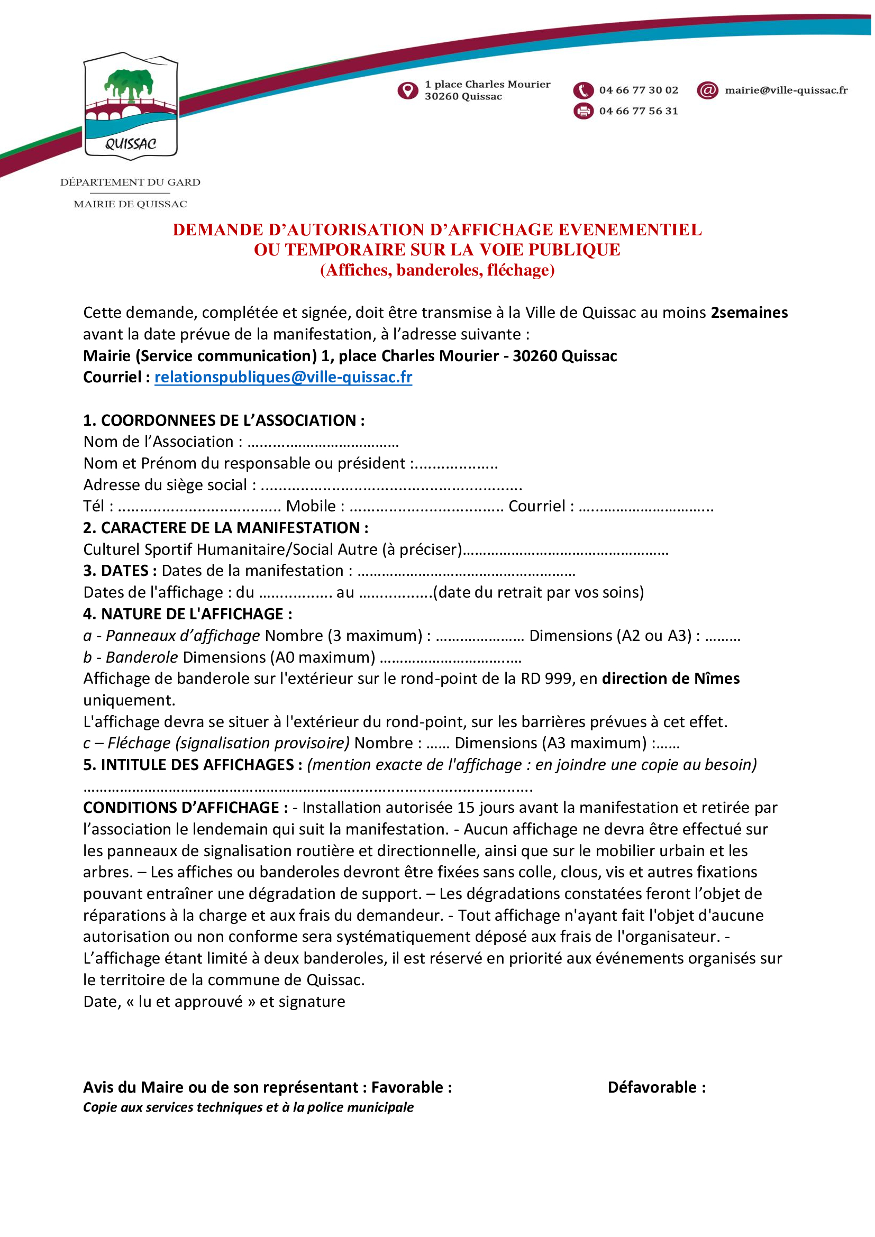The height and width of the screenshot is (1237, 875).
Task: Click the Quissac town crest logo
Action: (x=131, y=106)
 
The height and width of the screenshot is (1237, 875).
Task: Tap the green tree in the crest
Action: (x=129, y=83)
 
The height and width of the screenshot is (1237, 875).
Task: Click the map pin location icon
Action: (x=408, y=90)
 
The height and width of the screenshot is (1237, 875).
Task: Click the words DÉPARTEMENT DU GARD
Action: (x=131, y=182)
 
